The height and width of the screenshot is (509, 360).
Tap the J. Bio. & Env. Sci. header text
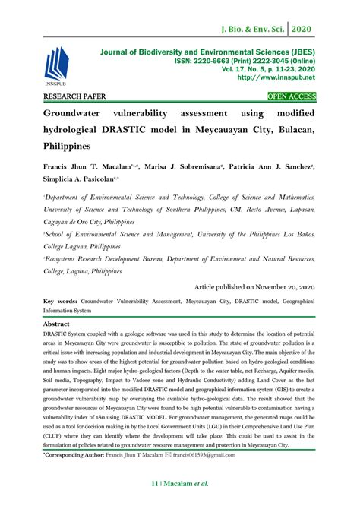pyautogui.click(x=264, y=14)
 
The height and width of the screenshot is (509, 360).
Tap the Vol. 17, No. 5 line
pyautogui.click(x=277, y=68)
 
